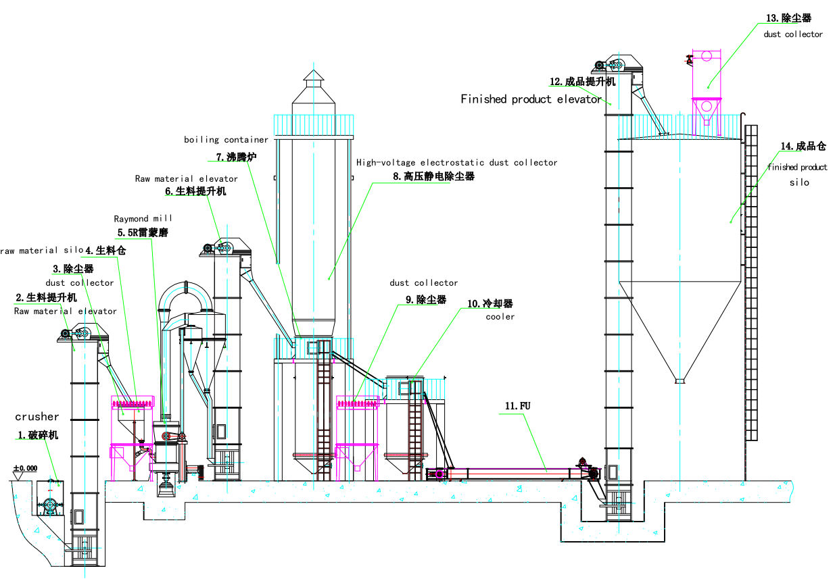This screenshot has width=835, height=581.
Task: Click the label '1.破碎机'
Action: [38, 435]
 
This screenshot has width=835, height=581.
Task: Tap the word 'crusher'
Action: [37, 417]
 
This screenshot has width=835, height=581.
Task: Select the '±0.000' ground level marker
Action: [26, 468]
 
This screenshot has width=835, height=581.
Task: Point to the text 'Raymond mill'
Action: [143, 218]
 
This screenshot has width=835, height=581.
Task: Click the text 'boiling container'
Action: [226, 140]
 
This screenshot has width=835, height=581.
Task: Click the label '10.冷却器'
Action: [490, 303]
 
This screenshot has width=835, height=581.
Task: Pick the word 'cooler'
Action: [500, 316]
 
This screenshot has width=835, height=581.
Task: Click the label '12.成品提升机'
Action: [582, 82]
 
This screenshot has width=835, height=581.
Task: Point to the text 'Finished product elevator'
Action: [531, 99]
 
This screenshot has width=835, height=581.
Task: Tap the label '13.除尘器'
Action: [788, 19]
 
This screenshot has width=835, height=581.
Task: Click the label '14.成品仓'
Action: [803, 145]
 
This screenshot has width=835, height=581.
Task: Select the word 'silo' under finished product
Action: [799, 183]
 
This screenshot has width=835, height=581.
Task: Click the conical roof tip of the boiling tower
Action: [313, 72]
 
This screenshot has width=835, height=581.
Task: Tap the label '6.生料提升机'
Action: [196, 191]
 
